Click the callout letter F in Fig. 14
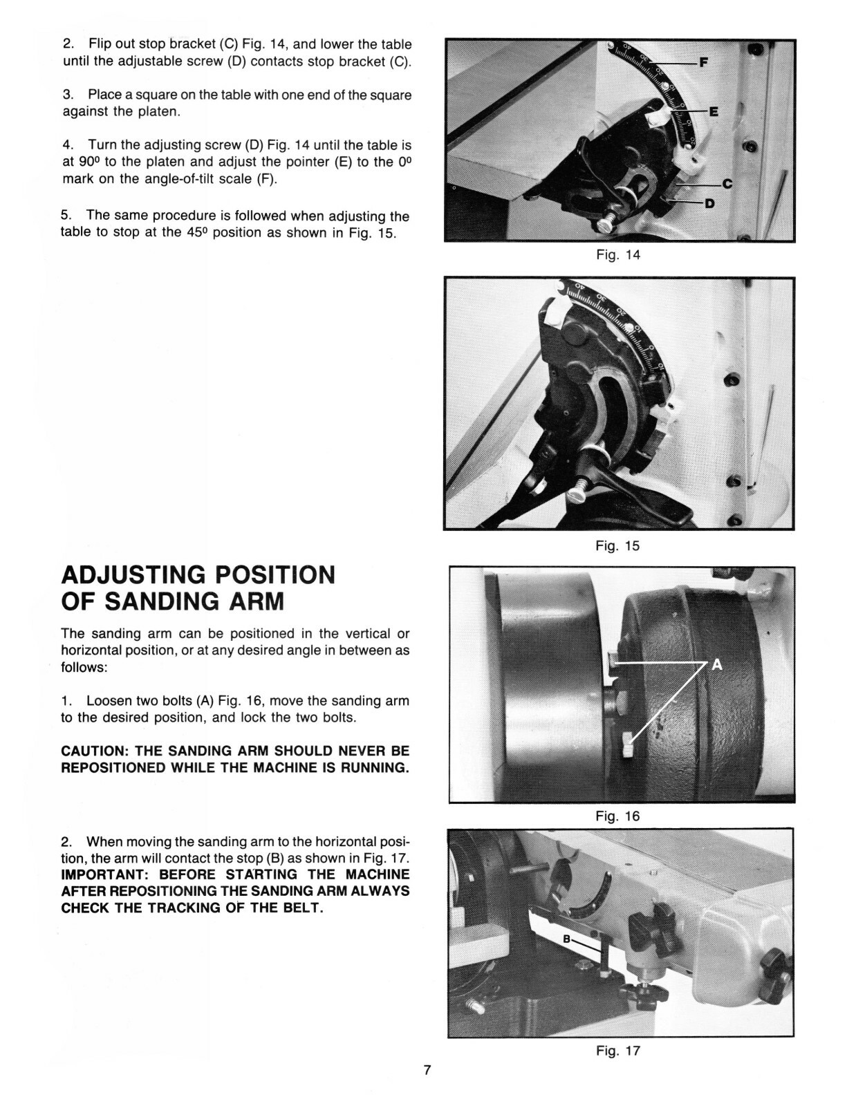click(x=704, y=62)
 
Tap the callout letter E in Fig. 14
click(x=714, y=111)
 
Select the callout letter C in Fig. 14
click(x=727, y=183)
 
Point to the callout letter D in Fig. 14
click(x=709, y=204)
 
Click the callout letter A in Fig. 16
click(x=716, y=665)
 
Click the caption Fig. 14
click(x=618, y=254)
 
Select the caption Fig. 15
click(x=618, y=545)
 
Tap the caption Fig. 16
click(x=618, y=816)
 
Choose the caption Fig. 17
click(x=618, y=1051)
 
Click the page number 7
click(x=427, y=1071)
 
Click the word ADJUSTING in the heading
click(x=133, y=575)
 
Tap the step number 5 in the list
click(x=65, y=216)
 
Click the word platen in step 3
click(x=159, y=111)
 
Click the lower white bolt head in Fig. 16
click(x=628, y=747)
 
